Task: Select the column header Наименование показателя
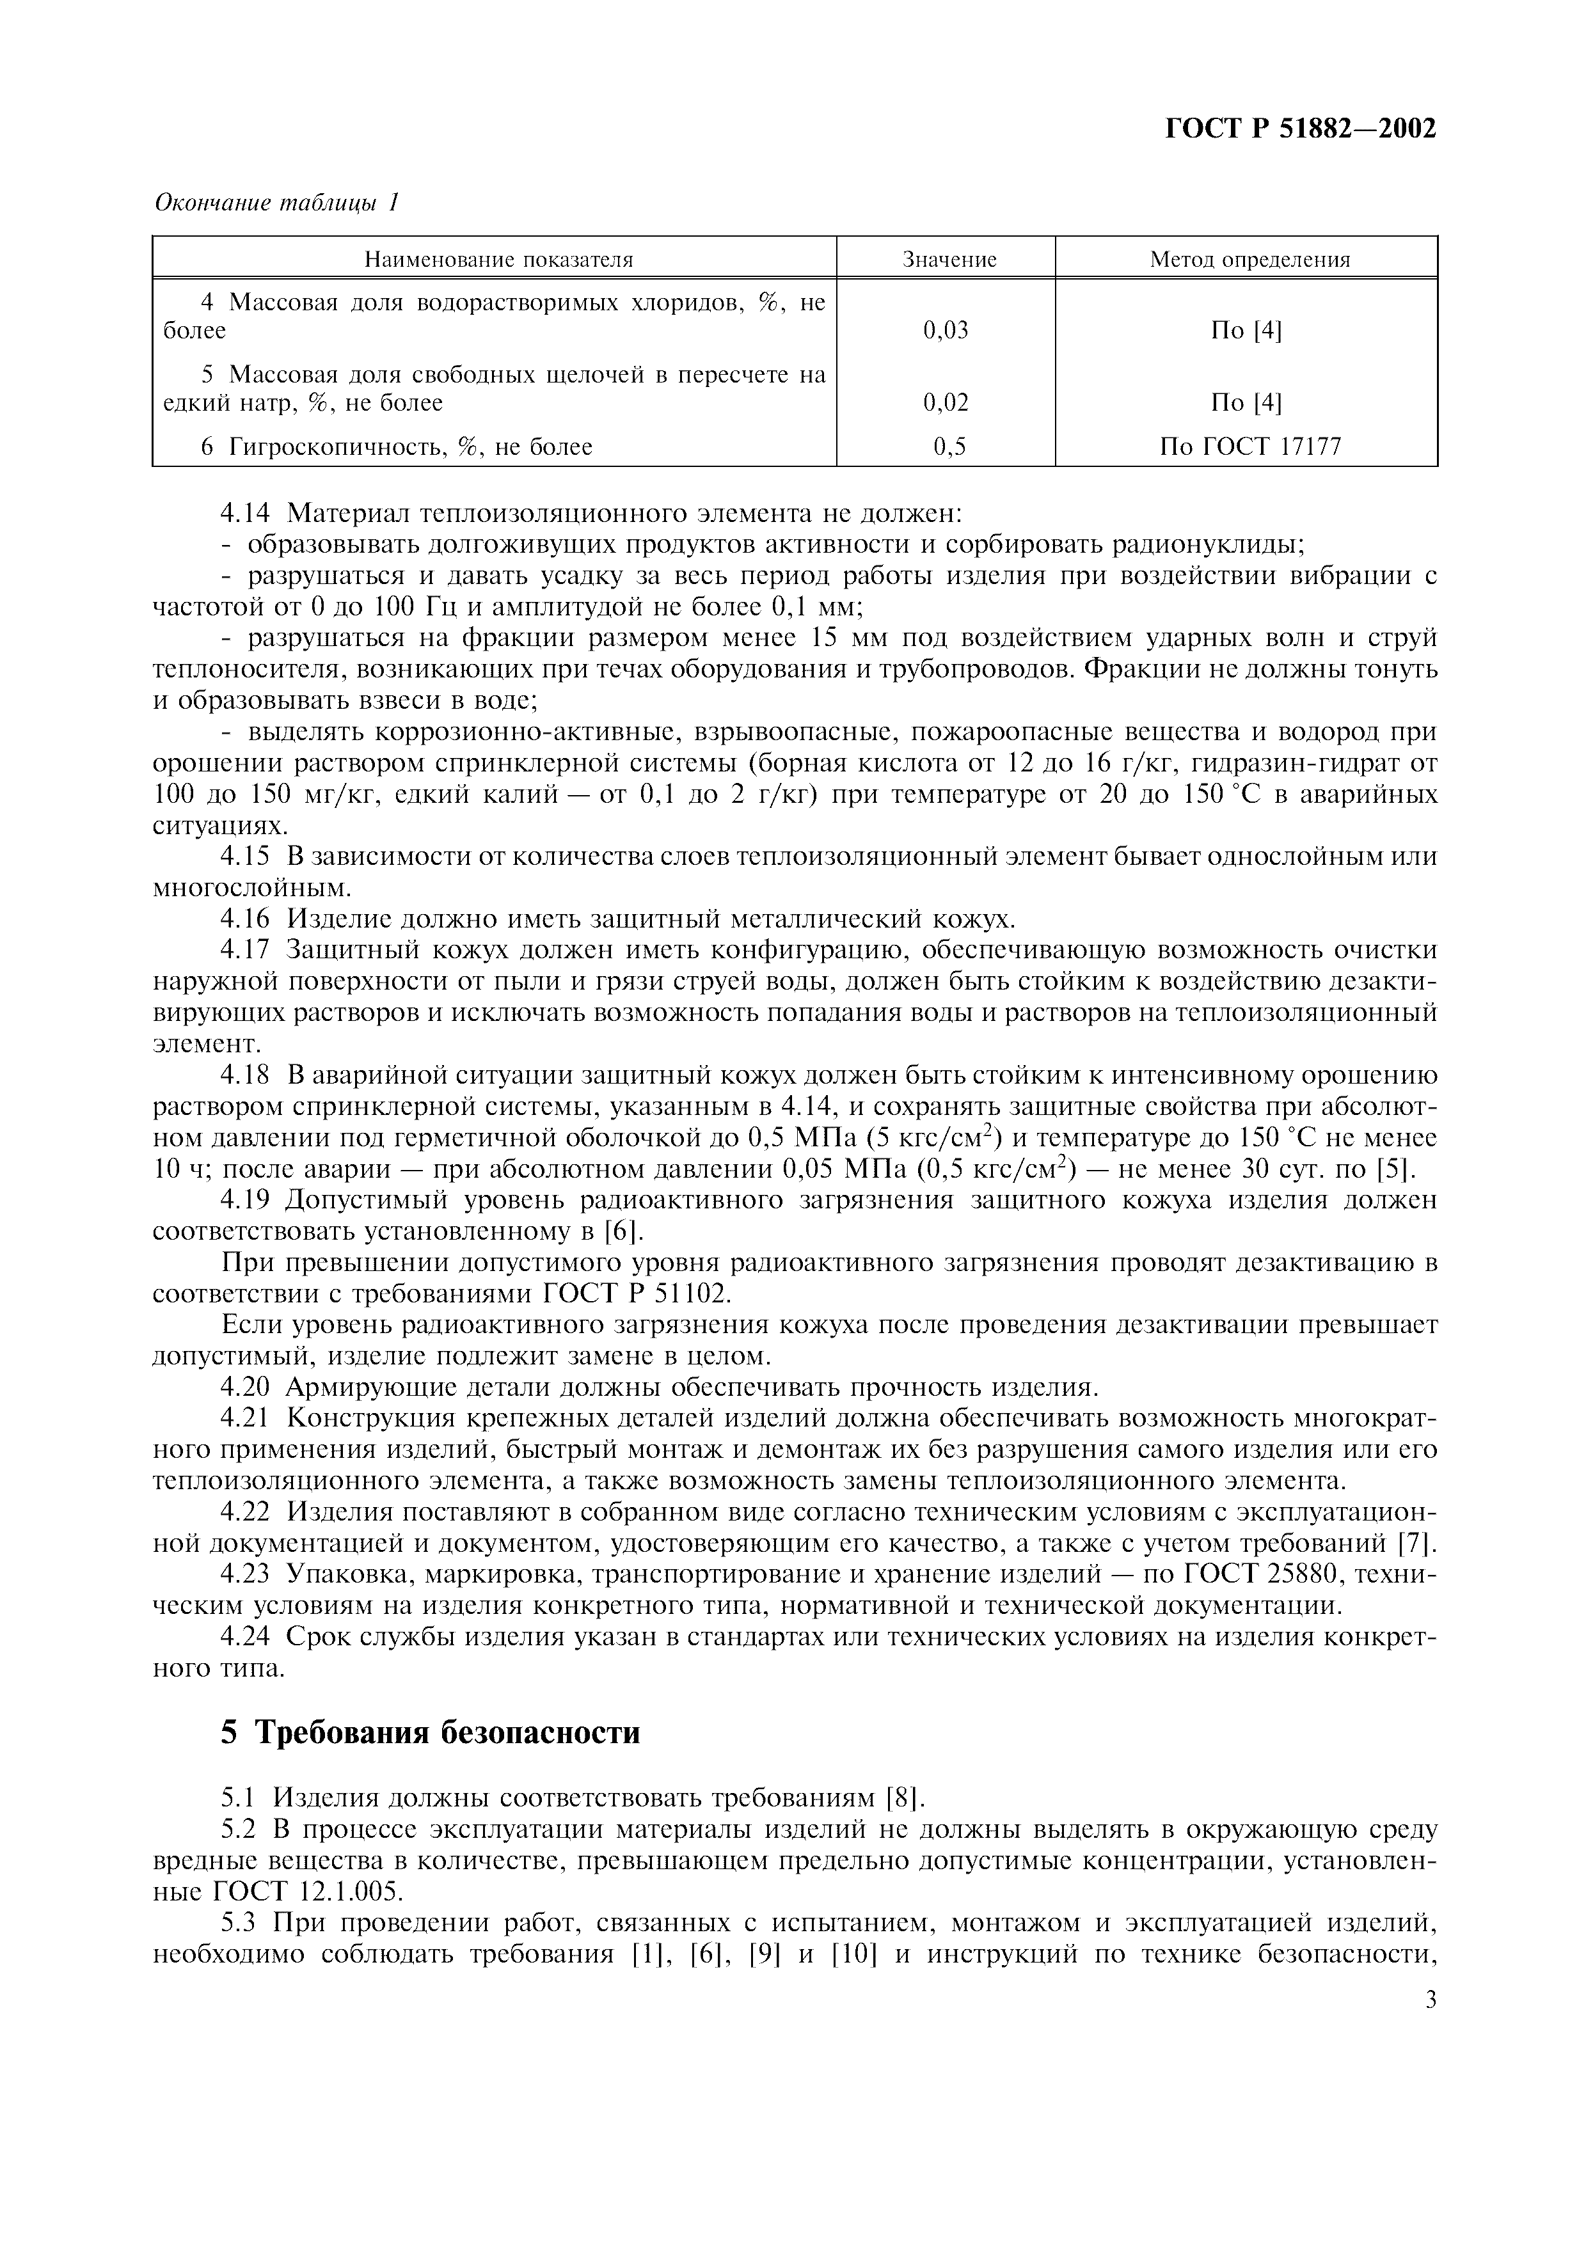[498, 259]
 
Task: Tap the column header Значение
[949, 259]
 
